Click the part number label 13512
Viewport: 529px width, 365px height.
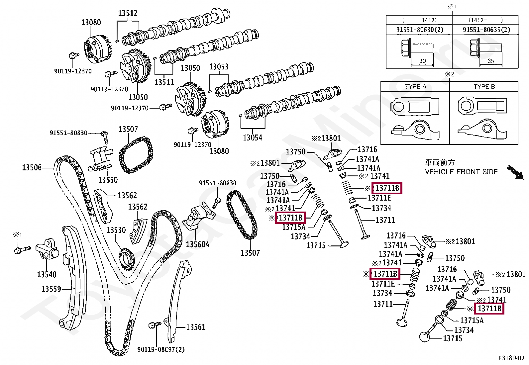pos(128,13)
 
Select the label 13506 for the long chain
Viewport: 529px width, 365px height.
pos(32,167)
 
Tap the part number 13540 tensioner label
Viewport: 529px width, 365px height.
pos(47,274)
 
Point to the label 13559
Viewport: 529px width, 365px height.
pos(51,289)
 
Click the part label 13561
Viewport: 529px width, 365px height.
pos(196,327)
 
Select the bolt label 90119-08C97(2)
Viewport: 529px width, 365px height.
pos(161,349)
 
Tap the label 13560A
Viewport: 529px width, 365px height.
pos(197,244)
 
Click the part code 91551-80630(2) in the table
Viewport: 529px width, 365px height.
pos(419,30)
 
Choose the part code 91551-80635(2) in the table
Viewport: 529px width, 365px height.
pos(486,30)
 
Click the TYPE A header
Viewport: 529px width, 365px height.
pos(415,87)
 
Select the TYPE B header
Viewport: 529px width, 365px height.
pos(484,87)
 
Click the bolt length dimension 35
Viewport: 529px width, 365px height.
pos(490,61)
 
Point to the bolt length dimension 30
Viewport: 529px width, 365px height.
pos(422,61)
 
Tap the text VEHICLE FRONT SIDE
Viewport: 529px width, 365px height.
pos(461,172)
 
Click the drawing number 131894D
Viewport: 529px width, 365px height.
pos(511,358)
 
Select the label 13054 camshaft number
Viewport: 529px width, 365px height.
pos(252,137)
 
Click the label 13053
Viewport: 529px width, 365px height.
pos(219,67)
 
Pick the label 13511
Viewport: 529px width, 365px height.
pos(164,82)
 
